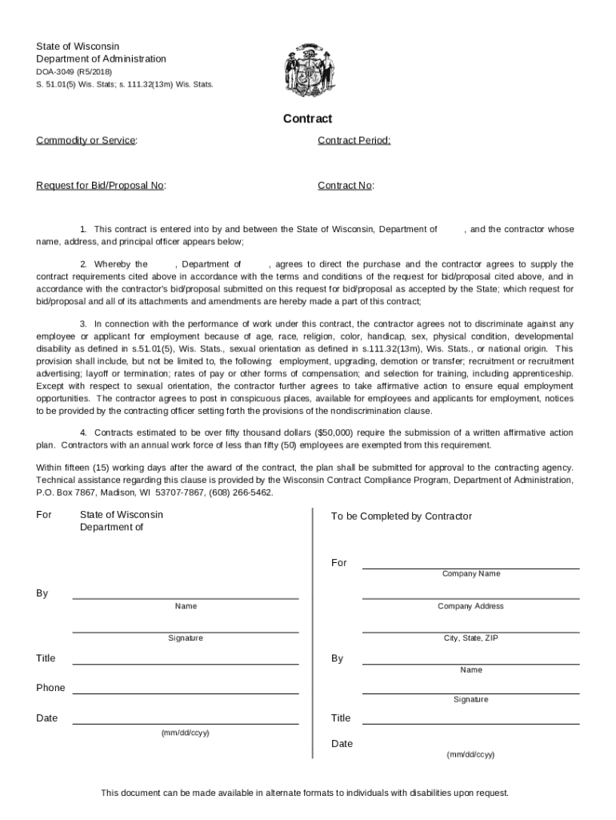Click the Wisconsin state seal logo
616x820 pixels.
pos(307,70)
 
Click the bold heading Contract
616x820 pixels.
pos(307,119)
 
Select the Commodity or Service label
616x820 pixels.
pos(86,141)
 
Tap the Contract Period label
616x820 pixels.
pos(354,141)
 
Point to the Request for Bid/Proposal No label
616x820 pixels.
pos(101,186)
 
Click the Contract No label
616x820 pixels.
pos(346,186)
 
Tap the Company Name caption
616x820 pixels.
pos(470,574)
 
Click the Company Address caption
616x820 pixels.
pos(470,606)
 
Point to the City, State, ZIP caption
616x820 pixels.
pos(470,638)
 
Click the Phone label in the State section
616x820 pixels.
pos(50,688)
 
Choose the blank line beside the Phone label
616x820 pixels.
pos(186,693)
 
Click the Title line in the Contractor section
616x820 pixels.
pos(470,723)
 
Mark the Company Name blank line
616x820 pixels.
pos(470,568)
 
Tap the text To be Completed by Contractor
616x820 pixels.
pos(402,517)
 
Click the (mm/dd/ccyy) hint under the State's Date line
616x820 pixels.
pos(186,733)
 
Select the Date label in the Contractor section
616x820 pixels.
pos(342,744)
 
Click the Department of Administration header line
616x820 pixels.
pos(101,59)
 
